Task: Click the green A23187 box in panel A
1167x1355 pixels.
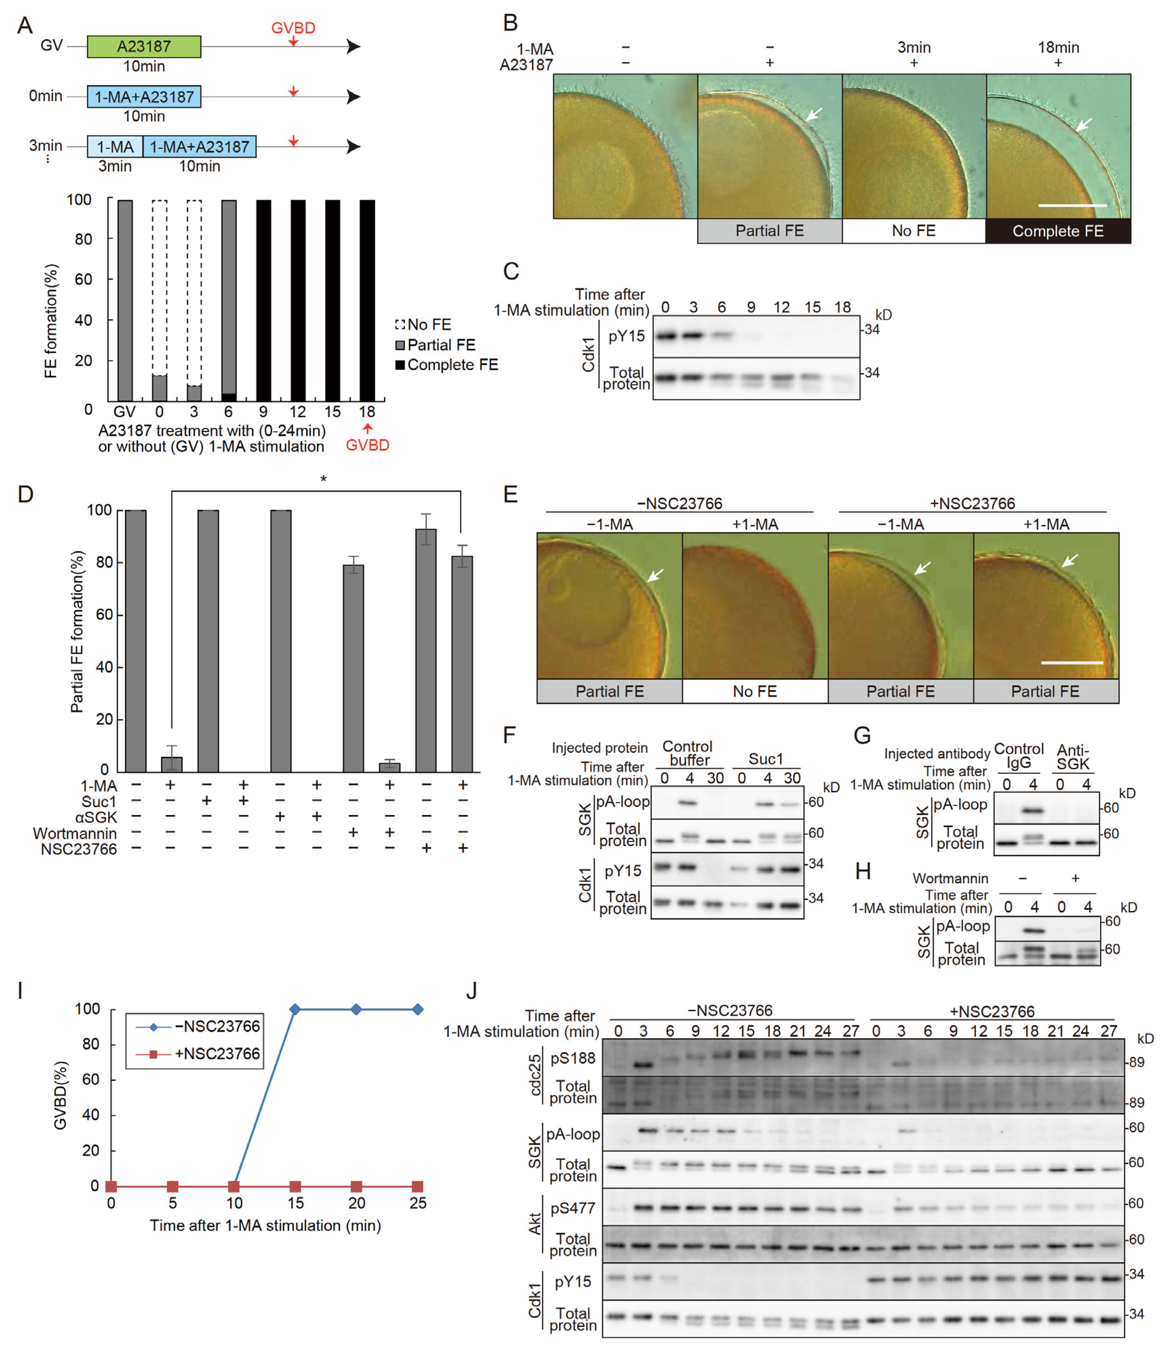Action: [144, 46]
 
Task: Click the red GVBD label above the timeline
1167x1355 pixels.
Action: [293, 27]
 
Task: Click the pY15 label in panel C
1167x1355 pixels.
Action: [626, 336]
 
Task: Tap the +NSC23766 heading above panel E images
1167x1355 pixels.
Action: [972, 504]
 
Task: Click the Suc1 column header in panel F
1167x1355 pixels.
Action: [765, 759]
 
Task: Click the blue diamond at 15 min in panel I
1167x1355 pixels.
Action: [295, 1009]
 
